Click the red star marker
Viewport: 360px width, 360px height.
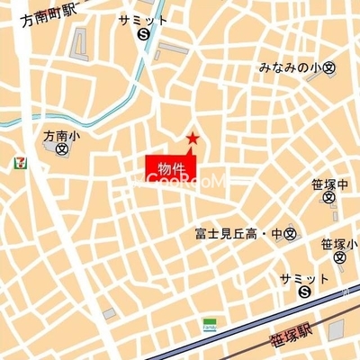[191, 138]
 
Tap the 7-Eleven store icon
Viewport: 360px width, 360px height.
[18, 163]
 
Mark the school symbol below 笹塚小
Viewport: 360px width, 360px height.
[338, 257]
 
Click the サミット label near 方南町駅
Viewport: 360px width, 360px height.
[142, 19]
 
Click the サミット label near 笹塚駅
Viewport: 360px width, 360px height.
[303, 277]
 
